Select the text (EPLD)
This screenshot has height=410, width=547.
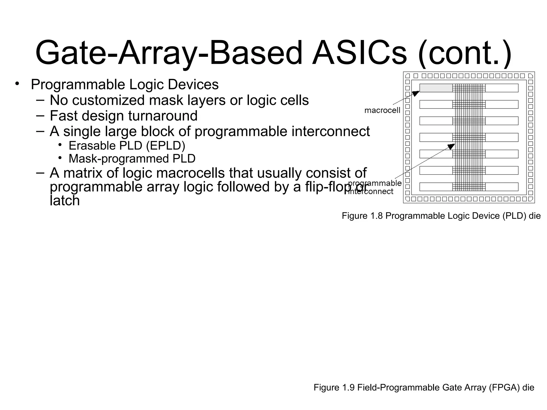[166, 146]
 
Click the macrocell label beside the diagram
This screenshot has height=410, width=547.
[382, 110]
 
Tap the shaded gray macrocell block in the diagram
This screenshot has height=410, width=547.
[436, 88]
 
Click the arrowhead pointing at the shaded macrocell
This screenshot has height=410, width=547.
[416, 93]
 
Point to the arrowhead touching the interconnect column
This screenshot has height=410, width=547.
[451, 146]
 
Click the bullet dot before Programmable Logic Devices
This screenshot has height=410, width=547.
[17, 84]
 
